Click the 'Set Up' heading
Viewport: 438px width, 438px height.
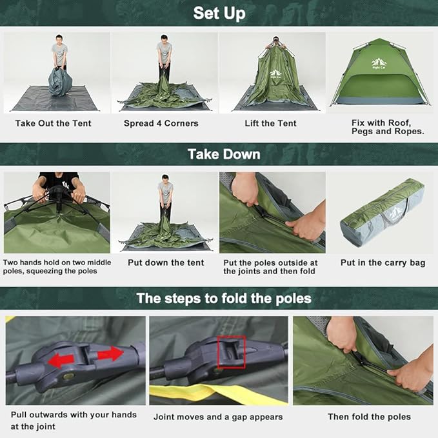point(219,13)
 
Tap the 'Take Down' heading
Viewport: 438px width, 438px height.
point(224,154)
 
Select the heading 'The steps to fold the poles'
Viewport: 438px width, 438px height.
point(224,298)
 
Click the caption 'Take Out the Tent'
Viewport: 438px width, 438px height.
point(54,123)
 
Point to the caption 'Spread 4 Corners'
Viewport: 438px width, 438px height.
point(161,123)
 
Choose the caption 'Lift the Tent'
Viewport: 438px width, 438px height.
point(270,123)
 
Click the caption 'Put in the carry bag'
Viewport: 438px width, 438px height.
point(383,263)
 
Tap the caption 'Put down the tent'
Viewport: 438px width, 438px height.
point(166,263)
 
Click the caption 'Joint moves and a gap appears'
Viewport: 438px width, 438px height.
point(218,417)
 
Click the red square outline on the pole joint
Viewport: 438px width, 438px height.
point(232,352)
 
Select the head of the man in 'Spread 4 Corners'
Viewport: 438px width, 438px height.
point(165,40)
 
